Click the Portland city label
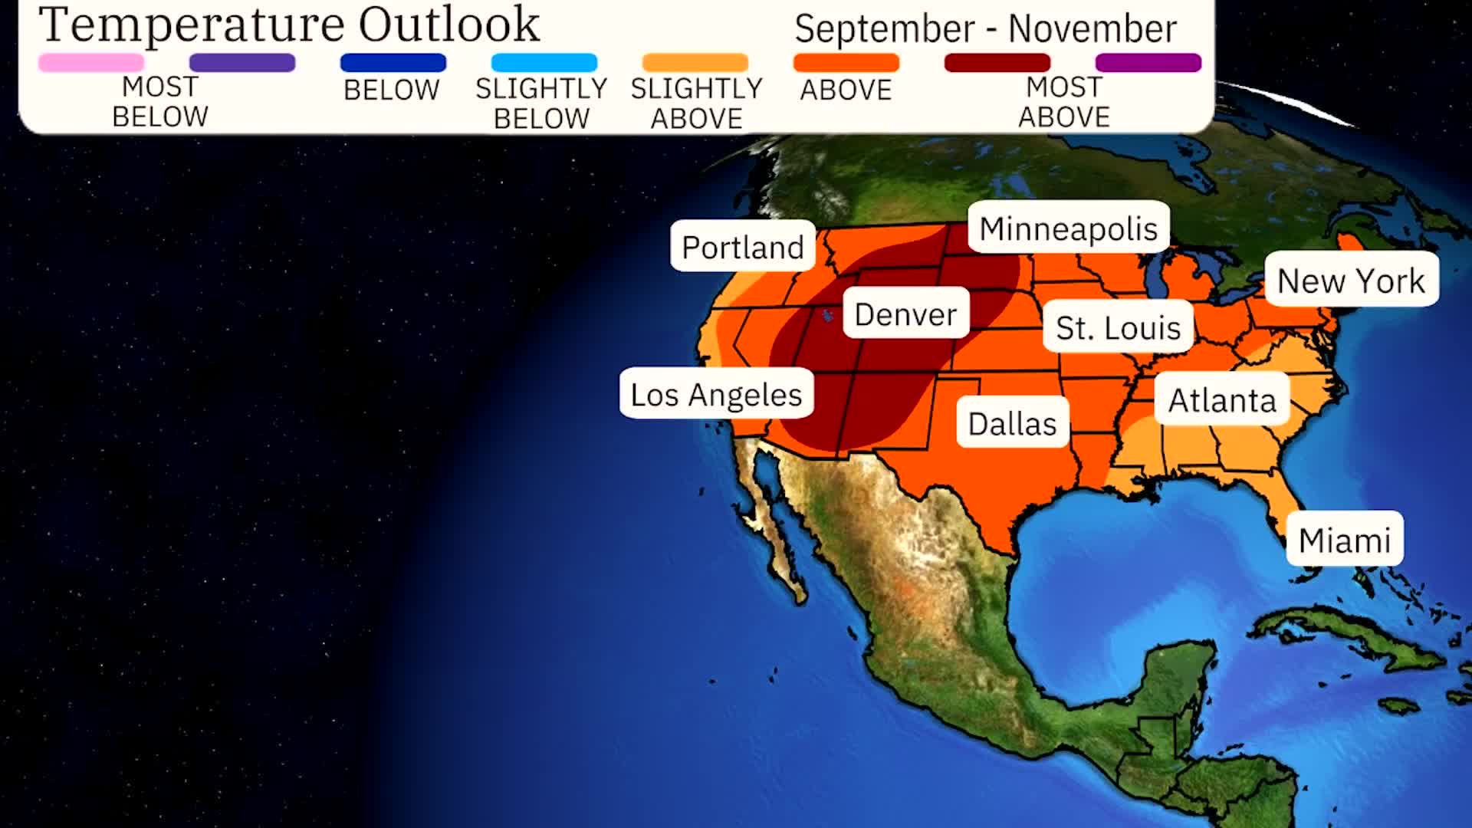(742, 247)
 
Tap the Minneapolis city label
(1068, 228)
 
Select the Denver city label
(905, 314)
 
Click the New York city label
(1351, 280)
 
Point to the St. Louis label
(1118, 327)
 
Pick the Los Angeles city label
(716, 394)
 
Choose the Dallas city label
(1012, 422)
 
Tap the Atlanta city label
(1222, 399)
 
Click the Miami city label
(1344, 540)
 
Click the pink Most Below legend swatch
(91, 63)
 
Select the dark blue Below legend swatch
(393, 63)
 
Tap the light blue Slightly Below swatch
(544, 63)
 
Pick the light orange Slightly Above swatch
(695, 63)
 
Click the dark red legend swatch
(997, 63)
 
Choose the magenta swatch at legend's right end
(1148, 63)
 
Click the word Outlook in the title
(449, 25)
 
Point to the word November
(1092, 29)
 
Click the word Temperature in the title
(192, 26)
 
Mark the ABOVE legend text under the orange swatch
(846, 90)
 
